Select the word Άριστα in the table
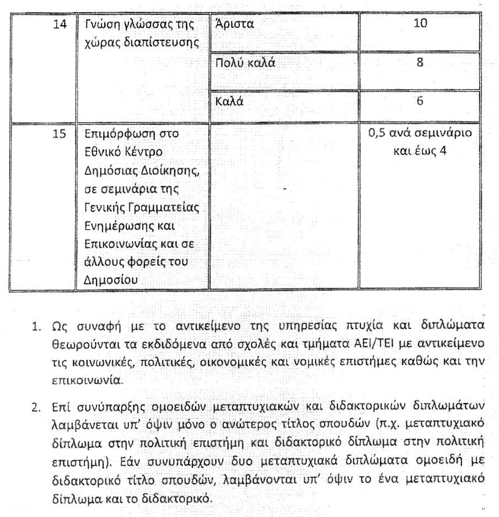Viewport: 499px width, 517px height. (x=233, y=25)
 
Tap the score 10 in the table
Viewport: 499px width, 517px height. (x=420, y=25)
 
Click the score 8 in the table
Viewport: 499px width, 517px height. (x=420, y=63)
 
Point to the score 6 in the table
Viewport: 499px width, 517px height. (x=420, y=102)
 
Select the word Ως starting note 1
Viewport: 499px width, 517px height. (x=55, y=324)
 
